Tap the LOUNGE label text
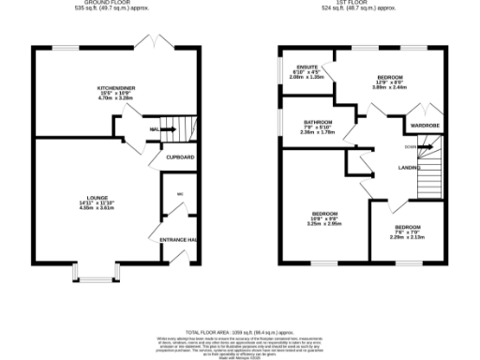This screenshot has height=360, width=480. coord(87,198)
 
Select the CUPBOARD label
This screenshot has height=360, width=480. coord(180,157)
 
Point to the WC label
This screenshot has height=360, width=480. coord(178,194)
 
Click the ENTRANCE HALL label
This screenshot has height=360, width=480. coord(177,241)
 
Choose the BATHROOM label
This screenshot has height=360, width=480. coord(317,122)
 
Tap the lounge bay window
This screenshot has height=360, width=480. coord(93,277)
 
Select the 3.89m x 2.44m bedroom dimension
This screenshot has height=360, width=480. coord(390,86)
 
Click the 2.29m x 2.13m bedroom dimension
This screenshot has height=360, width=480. coord(407,236)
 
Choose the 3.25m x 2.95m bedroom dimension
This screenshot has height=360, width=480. coord(324,223)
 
